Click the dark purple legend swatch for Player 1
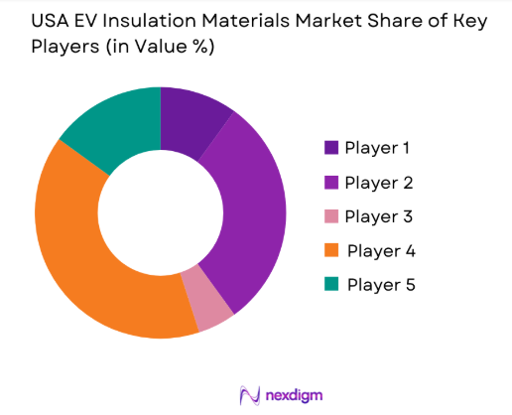click(x=330, y=148)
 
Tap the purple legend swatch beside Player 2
click(x=330, y=183)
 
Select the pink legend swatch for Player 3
click(x=330, y=216)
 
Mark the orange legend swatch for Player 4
click(x=330, y=251)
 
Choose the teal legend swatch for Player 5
click(x=330, y=285)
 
